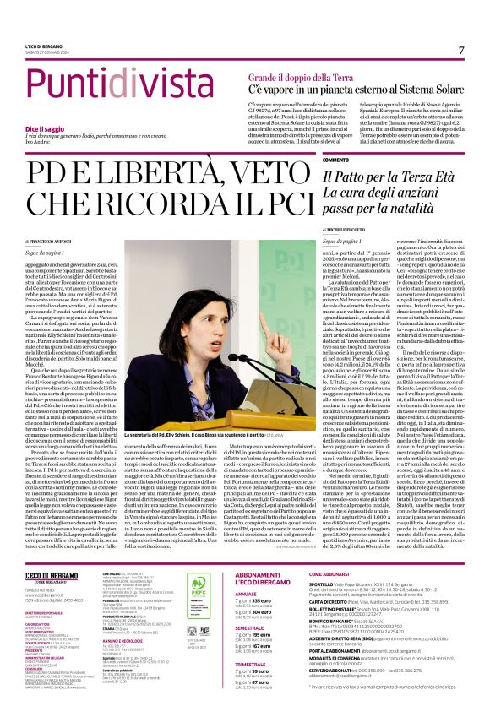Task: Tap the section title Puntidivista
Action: (95, 84)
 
